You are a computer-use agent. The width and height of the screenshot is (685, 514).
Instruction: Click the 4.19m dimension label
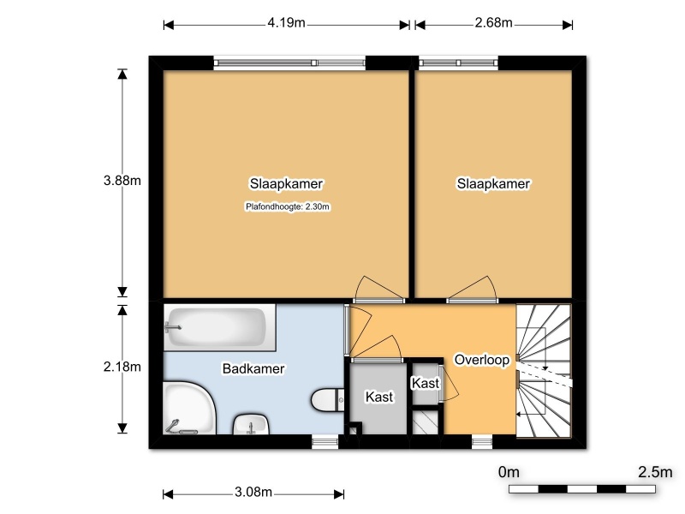[286, 23]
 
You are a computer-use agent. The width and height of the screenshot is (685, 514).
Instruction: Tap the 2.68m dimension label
[494, 23]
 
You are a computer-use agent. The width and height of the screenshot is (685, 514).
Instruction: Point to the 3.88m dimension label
[122, 180]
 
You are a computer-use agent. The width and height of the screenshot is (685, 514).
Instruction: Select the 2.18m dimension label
[122, 367]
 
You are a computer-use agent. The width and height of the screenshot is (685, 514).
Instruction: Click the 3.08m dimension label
[253, 492]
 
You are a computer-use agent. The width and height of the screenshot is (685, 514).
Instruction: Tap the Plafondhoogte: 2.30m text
[288, 206]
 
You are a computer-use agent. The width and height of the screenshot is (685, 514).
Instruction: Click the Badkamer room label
[253, 369]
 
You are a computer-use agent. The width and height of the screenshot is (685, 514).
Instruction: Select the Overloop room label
[482, 360]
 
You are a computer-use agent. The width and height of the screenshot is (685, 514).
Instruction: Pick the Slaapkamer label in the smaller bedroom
[494, 183]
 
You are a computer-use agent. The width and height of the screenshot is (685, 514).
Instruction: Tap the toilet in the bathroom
[328, 399]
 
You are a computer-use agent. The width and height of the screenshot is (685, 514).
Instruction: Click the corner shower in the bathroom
[189, 409]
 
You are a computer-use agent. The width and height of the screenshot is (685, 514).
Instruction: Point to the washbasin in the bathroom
[251, 424]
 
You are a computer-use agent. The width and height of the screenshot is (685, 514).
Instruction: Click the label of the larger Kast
[379, 397]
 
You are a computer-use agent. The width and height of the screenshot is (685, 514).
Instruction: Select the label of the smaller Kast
[426, 383]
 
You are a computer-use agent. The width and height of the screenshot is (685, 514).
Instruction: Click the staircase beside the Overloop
[544, 371]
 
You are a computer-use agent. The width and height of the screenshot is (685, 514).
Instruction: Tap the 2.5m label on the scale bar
[655, 472]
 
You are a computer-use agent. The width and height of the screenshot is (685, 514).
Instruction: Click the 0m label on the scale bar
[509, 472]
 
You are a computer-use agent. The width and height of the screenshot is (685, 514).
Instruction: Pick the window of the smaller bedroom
[458, 63]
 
